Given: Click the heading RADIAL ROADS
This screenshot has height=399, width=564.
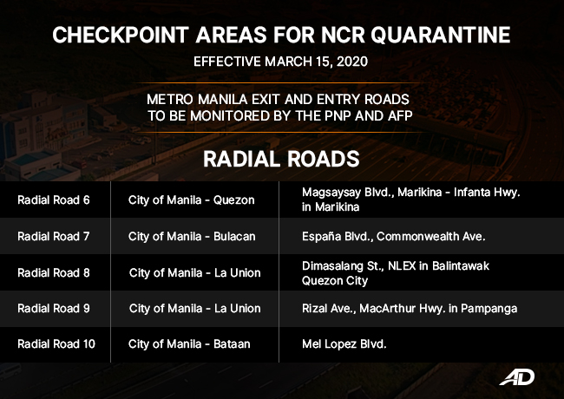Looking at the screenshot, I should (281, 160).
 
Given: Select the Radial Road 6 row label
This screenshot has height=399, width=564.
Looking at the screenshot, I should (53, 199).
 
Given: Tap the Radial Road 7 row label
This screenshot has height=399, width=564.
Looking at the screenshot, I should (53, 236).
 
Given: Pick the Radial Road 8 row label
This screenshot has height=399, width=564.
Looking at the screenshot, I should (53, 272).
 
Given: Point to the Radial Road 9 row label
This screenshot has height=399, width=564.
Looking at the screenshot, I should (53, 308).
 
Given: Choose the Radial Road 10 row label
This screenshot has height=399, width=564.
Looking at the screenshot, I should (56, 343).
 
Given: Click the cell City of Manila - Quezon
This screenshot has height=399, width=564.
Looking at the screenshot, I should (191, 199).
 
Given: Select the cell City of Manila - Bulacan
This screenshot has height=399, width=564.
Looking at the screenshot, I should (193, 236).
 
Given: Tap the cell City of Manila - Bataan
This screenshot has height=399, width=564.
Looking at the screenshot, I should (189, 343).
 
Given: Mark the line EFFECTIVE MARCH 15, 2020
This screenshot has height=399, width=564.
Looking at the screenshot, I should (281, 62).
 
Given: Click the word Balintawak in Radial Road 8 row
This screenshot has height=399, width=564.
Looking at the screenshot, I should (461, 265).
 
